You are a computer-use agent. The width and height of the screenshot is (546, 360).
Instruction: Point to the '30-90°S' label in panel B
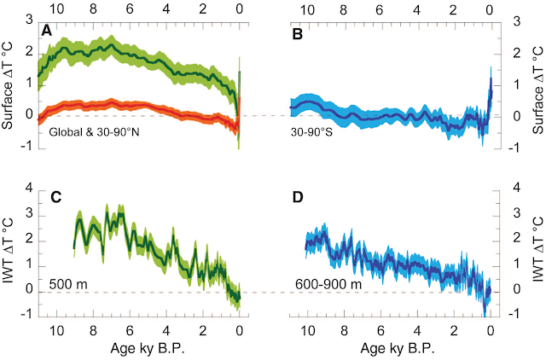311,135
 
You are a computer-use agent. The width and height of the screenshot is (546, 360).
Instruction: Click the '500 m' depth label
51,282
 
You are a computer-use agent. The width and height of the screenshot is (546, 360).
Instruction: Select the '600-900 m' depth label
317,282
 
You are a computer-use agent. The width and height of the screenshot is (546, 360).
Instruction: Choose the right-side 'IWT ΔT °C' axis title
537,251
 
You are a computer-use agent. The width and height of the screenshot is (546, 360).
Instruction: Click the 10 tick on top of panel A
57,7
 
